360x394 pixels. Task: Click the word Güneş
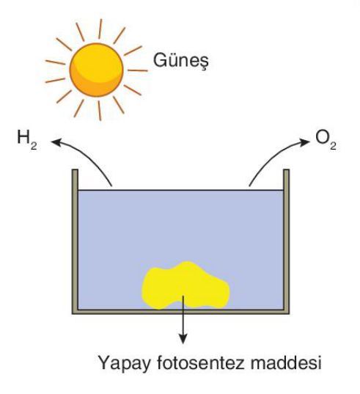pos(181,61)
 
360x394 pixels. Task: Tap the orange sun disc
pos(96,70)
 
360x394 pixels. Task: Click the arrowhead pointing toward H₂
pos(56,142)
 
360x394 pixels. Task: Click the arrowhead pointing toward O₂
pos(305,142)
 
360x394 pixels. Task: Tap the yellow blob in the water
pos(185,285)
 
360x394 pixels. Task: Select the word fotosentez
pos(200,363)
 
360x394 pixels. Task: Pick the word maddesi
pos(286,363)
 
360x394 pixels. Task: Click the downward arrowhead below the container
pos(183,339)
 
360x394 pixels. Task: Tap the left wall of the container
pos(75,241)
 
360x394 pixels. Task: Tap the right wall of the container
pos(287,241)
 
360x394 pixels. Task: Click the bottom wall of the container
pos(181,312)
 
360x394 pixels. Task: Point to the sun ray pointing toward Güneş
pos(137,70)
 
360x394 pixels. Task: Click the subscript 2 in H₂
pos(34,146)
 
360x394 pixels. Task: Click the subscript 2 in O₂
pos(333,146)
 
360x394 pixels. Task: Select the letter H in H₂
pos(23,137)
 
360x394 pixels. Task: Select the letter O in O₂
pos(322,137)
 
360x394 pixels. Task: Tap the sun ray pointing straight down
pos(99,111)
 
